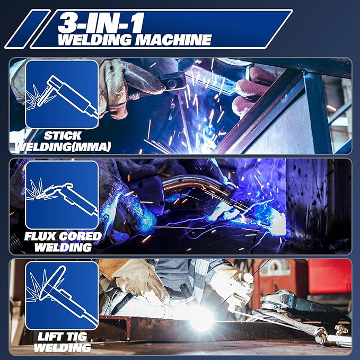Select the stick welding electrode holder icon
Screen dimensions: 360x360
[62, 94]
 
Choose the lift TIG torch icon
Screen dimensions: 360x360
[62, 295]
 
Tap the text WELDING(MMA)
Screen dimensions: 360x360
[62, 146]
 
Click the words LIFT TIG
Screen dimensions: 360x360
[62, 337]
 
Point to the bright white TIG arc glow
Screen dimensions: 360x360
[201, 317]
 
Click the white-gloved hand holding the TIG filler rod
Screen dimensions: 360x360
[233, 286]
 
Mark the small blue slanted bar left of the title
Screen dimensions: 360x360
[27, 29]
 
